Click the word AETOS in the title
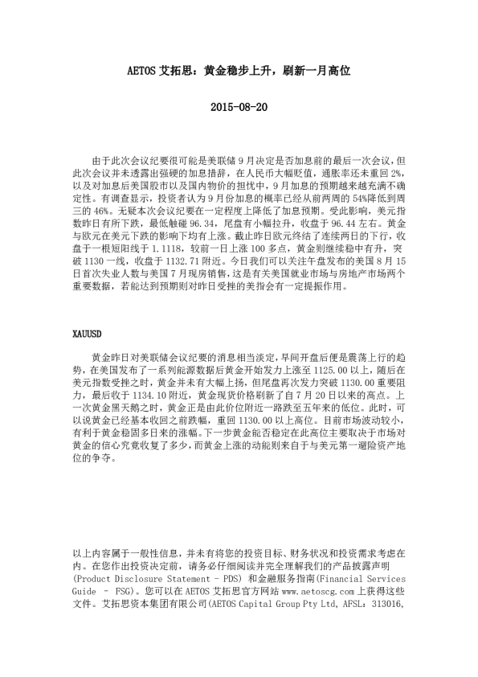[x=145, y=71]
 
